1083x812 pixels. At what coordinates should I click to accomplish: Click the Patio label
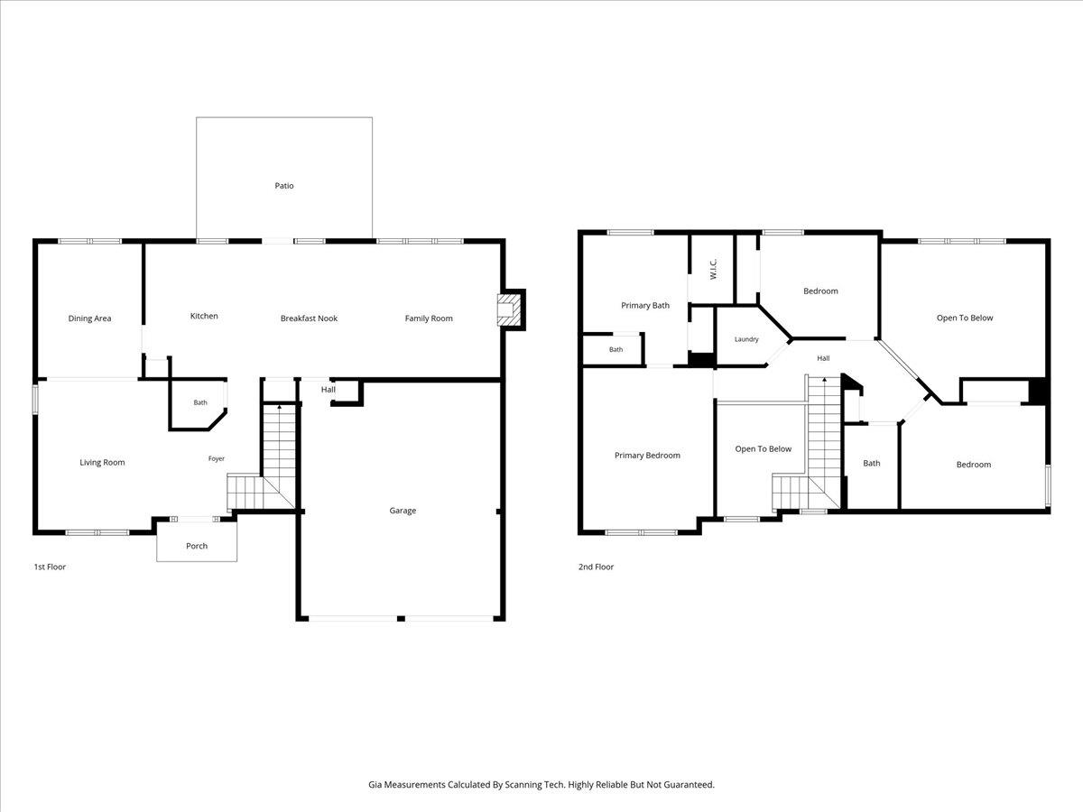(x=283, y=186)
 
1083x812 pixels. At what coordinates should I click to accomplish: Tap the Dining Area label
(x=89, y=318)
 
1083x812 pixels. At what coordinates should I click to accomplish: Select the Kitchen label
(x=204, y=316)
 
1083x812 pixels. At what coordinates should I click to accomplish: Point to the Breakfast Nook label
(x=309, y=318)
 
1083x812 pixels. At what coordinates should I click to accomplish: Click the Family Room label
(x=429, y=318)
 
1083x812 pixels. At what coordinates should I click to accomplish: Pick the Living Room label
(x=102, y=463)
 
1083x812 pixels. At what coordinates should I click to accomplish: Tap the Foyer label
(x=216, y=458)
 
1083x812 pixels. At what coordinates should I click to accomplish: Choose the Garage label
(x=403, y=511)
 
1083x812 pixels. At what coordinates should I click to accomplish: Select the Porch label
(x=197, y=546)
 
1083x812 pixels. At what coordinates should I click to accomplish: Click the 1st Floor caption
(x=50, y=567)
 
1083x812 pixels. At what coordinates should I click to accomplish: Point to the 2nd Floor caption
(x=596, y=567)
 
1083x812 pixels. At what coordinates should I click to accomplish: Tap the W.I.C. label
(x=713, y=269)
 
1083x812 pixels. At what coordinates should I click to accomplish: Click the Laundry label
(x=746, y=339)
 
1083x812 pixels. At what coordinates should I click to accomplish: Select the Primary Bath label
(x=645, y=306)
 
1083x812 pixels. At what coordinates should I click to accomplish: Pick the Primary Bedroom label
(x=647, y=456)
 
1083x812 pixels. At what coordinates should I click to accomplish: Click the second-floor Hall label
(x=823, y=358)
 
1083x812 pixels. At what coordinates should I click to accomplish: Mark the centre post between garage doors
(x=401, y=618)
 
